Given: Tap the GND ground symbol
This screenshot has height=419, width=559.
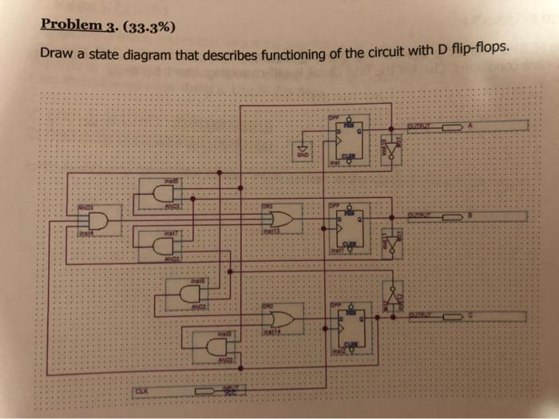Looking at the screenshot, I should click(x=302, y=150).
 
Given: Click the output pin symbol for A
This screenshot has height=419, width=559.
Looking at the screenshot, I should click(x=453, y=126).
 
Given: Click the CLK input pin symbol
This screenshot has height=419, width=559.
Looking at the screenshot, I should click(x=213, y=392).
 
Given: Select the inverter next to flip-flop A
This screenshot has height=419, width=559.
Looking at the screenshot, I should click(x=391, y=148).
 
